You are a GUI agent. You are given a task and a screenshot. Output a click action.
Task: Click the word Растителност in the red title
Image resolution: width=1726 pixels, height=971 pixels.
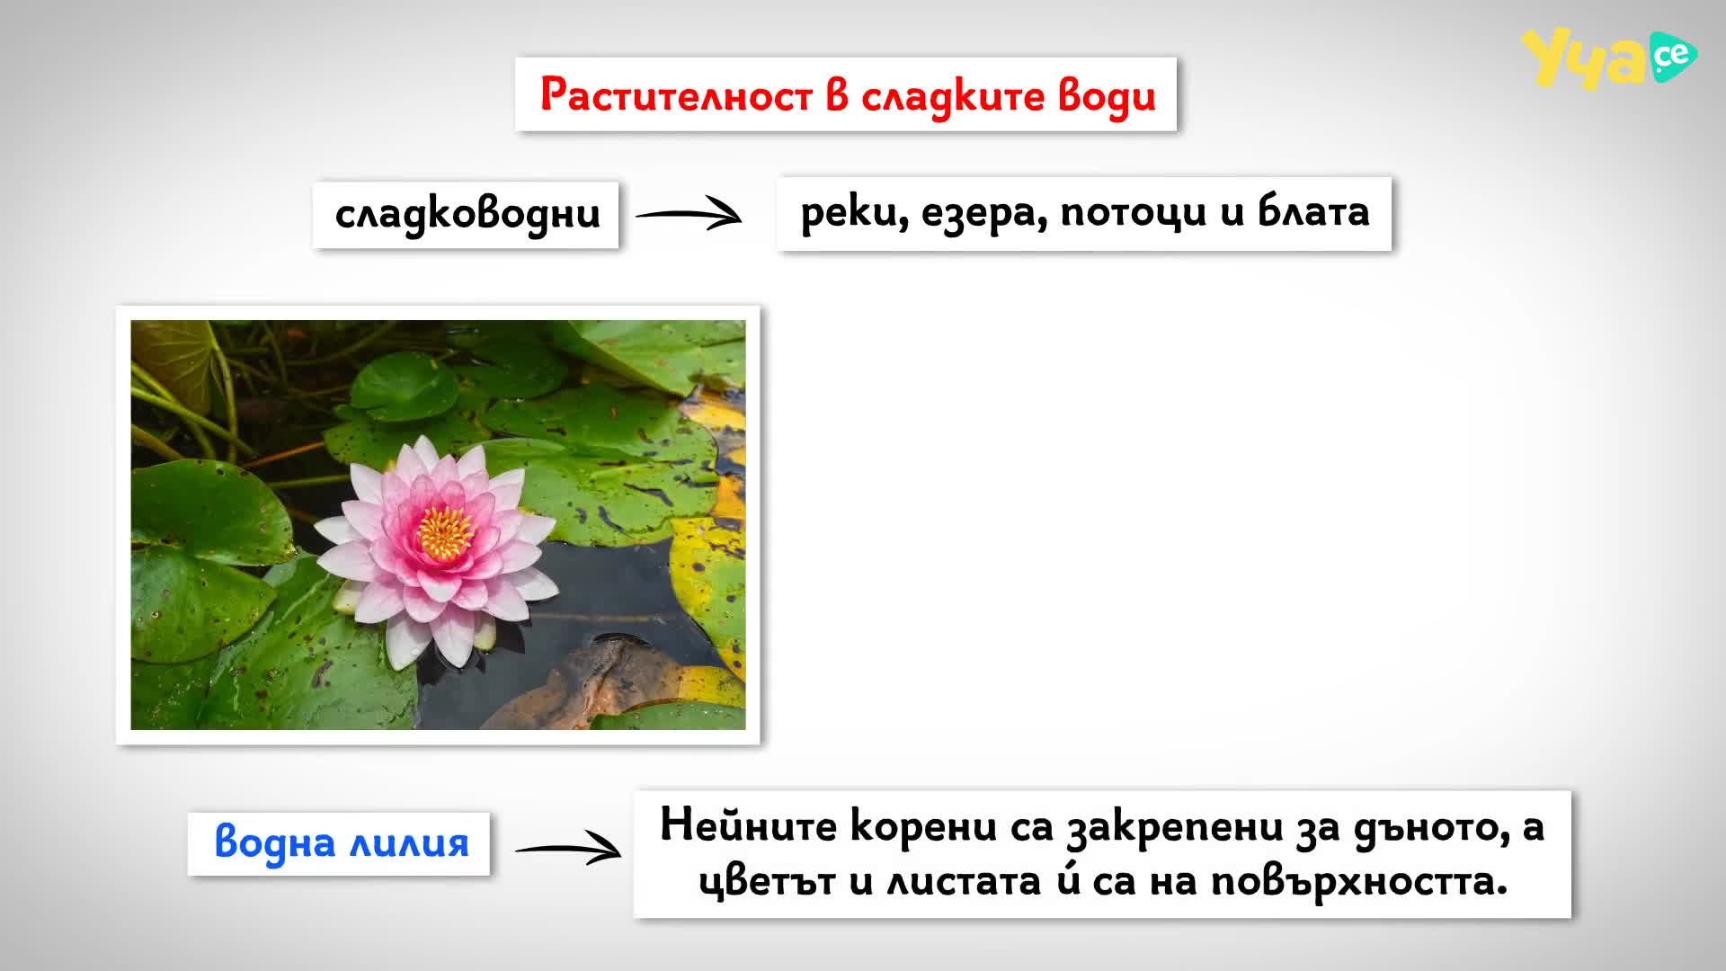pyautogui.click(x=676, y=95)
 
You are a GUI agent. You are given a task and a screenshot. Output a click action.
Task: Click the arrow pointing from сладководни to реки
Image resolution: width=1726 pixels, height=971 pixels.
pyautogui.click(x=689, y=215)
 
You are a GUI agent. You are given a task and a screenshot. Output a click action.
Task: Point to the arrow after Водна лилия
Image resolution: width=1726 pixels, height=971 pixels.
pyautogui.click(x=568, y=850)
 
